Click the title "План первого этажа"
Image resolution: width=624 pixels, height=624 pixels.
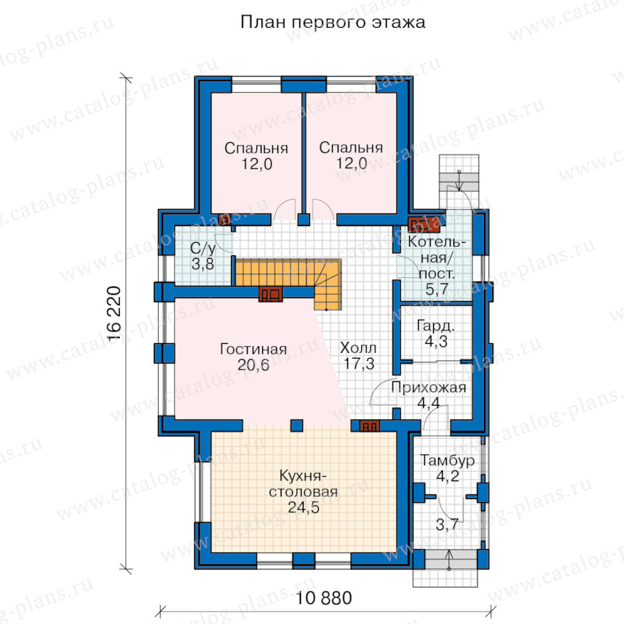[333, 23]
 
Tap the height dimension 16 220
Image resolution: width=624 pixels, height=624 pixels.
[114, 313]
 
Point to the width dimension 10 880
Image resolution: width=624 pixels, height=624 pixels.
[324, 598]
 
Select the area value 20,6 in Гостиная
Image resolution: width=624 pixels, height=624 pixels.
[254, 365]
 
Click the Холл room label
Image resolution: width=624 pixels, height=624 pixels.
[358, 348]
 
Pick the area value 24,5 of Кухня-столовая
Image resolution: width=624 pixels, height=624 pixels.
[304, 508]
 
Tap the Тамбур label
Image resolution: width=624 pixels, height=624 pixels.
[447, 460]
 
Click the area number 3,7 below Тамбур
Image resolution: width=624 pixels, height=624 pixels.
[447, 525]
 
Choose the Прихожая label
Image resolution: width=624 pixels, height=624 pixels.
[428, 387]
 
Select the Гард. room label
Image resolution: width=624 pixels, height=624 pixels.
[436, 327]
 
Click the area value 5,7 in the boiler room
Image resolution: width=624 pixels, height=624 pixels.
[437, 289]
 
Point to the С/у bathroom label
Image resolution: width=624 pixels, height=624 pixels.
[203, 249]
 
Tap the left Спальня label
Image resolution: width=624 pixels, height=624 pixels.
[257, 148]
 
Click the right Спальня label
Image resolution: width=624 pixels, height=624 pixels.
[351, 148]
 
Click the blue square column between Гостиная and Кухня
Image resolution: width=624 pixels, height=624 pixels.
[297, 426]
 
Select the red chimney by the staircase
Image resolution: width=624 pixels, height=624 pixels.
[270, 294]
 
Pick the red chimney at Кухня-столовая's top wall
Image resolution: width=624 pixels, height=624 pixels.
[370, 426]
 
